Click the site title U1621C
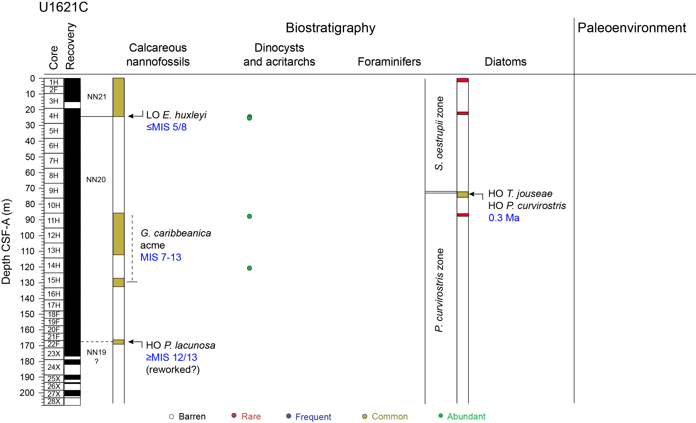coord(63,7)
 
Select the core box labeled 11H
coord(54,220)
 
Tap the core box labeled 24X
coord(54,367)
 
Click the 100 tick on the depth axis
coord(27,235)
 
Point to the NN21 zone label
coord(97,97)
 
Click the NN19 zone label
coord(96,352)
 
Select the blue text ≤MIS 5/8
coord(166,127)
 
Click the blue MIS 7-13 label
coord(161,257)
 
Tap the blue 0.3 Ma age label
coord(504,218)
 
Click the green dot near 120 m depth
coord(249,268)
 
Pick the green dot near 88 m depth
coord(249,216)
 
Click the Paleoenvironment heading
coord(632,28)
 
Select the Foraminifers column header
coord(389,62)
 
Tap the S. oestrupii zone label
coord(439,133)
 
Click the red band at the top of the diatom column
coord(462,80)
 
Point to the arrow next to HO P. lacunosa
coord(135,342)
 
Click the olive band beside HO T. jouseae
coord(462,194)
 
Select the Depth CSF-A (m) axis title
coord(6,241)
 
